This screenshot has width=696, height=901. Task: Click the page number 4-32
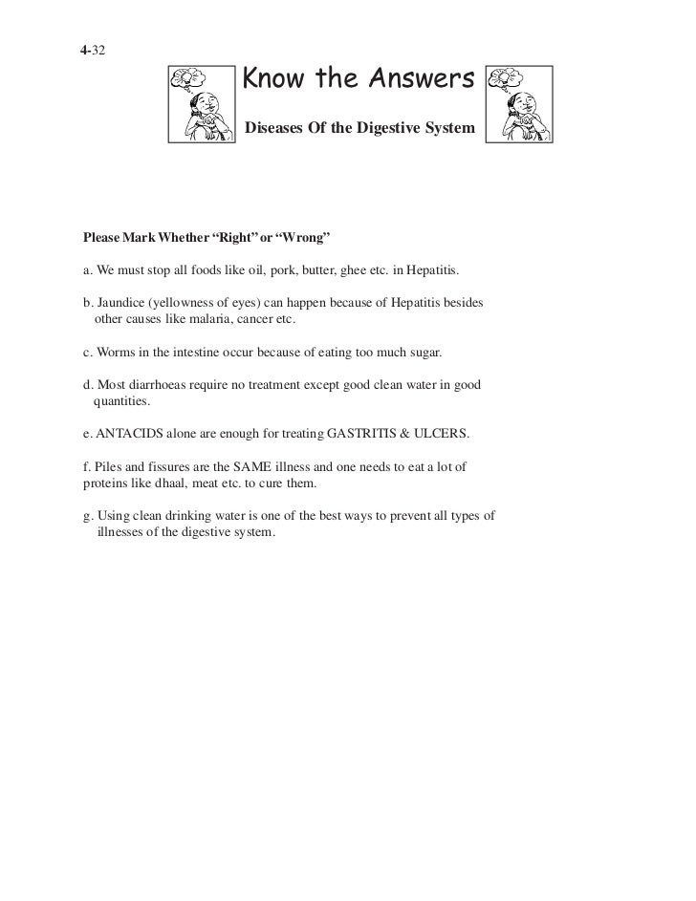94,48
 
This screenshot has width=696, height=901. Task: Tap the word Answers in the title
418,83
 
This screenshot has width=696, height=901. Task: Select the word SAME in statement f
265,468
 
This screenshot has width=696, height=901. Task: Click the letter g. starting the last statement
89,517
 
